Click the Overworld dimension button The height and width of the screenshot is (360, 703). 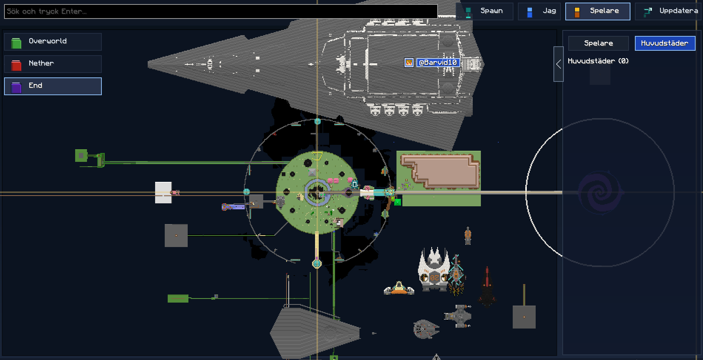pos(53,41)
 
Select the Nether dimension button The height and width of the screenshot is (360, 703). pos(53,64)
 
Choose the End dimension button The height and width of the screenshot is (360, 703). pos(53,86)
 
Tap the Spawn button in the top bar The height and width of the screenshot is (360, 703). pos(485,11)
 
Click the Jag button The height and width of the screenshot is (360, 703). pos(539,11)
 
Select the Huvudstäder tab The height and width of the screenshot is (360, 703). pos(665,43)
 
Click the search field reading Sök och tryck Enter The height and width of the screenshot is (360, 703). pos(221,11)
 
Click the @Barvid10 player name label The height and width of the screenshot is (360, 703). pos(438,63)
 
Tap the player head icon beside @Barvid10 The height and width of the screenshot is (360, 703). pos(409,63)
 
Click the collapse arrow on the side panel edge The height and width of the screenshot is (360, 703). pos(559,64)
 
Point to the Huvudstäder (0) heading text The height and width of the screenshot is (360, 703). pos(598,61)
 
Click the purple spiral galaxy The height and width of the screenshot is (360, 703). pos(600,193)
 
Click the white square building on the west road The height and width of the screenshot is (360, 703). pos(163,193)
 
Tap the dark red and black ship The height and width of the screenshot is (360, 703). pos(487,287)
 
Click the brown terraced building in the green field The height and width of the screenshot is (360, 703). pos(441,171)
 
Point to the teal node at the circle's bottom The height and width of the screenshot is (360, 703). pos(317,264)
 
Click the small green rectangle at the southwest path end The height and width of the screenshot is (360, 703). pos(178,299)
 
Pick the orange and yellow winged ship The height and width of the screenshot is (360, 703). pos(399,288)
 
